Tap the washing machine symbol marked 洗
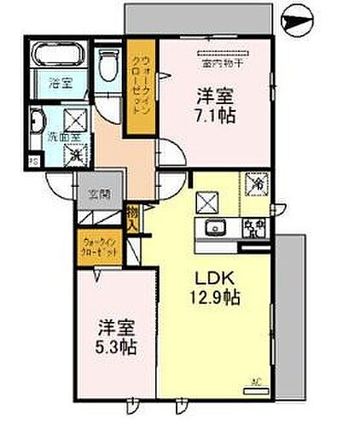[75, 156]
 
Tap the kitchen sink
[212, 228]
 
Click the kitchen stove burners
[253, 228]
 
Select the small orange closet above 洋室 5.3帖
[101, 248]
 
